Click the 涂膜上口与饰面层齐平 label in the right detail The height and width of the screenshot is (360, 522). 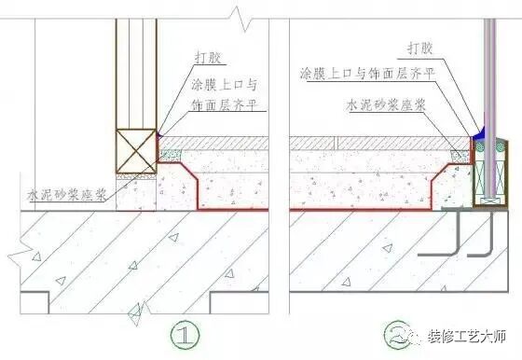pos(367,72)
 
